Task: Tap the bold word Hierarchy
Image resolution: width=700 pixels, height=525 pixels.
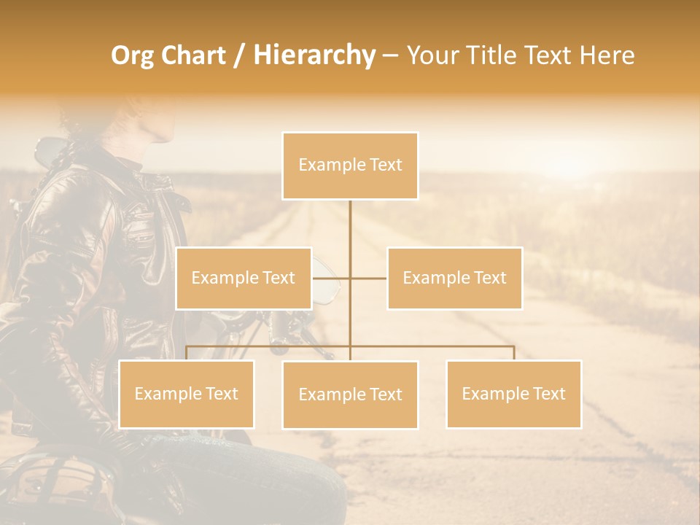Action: click(314, 55)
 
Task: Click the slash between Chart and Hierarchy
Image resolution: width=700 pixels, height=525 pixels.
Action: click(240, 56)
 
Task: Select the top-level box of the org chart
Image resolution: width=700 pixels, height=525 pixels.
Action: click(350, 166)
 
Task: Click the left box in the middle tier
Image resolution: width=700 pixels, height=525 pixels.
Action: click(244, 278)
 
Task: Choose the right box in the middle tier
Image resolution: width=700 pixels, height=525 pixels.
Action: click(454, 278)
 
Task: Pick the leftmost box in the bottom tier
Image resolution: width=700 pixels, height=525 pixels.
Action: click(186, 394)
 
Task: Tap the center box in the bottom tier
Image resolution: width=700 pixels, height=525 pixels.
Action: click(350, 394)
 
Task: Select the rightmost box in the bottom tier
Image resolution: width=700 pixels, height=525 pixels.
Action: click(513, 394)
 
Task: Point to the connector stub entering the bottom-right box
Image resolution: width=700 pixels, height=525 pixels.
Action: click(513, 353)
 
